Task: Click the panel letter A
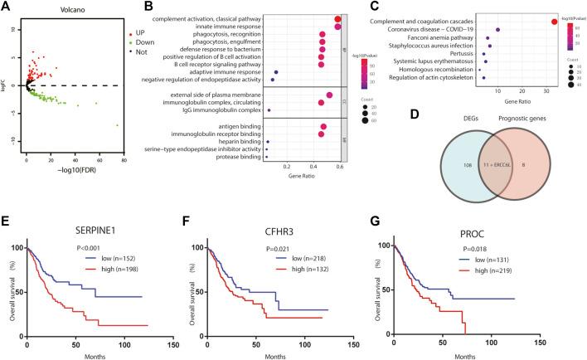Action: pyautogui.click(x=7, y=7)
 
